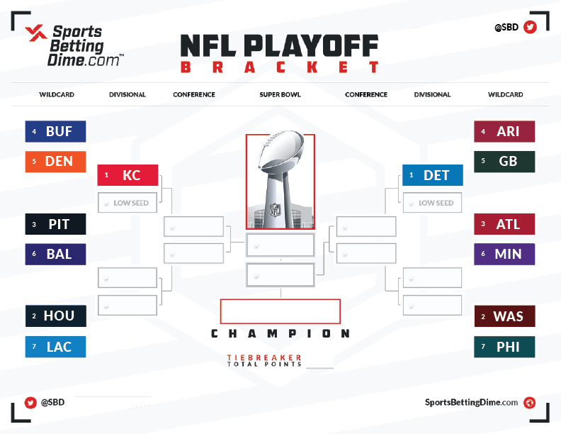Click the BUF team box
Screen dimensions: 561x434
point(55,131)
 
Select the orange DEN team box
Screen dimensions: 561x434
point(55,162)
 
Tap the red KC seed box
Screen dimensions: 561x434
point(127,175)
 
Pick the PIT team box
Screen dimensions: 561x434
point(55,224)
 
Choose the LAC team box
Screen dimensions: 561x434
point(55,347)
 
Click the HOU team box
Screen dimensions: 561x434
point(55,316)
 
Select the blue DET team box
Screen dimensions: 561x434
point(433,175)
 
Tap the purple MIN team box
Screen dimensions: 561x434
point(504,255)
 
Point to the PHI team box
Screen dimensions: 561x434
point(504,347)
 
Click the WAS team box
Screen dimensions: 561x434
point(504,316)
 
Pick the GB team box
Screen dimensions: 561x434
point(504,162)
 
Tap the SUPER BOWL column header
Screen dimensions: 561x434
point(280,94)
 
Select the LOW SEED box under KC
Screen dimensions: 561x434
point(127,203)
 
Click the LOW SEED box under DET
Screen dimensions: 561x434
point(433,203)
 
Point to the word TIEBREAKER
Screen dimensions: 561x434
point(264,357)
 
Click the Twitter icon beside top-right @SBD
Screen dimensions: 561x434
point(530,27)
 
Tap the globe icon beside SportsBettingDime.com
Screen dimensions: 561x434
point(530,403)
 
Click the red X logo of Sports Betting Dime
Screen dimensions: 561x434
point(36,33)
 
